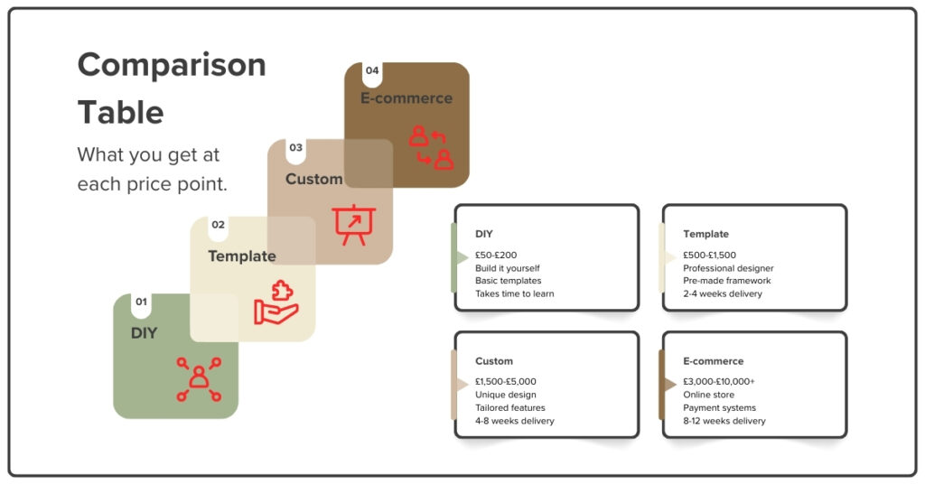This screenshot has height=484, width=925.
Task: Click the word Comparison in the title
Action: pos(172,66)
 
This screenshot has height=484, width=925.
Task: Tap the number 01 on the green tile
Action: pos(141,302)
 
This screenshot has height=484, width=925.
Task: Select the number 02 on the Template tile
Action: pos(218,225)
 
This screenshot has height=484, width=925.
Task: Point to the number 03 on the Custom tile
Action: pos(295,147)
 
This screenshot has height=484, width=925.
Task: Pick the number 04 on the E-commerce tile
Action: pos(372,70)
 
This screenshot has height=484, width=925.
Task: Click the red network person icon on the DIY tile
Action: pos(199,378)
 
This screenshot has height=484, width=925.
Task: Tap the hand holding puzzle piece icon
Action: pos(276,302)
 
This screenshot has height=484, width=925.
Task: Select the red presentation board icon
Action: pos(353,224)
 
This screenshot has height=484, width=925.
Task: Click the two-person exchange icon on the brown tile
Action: pos(430,147)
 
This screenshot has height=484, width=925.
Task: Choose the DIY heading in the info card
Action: pos(484,234)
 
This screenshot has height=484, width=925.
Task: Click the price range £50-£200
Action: pos(496,256)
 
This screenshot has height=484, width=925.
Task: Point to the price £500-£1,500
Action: pos(709,256)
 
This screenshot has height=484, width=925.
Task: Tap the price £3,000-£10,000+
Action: pos(718,382)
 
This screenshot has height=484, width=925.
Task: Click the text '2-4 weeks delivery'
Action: pos(722,293)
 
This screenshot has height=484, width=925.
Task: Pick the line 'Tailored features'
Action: pos(509,408)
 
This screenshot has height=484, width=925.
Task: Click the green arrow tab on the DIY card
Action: pos(459,258)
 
